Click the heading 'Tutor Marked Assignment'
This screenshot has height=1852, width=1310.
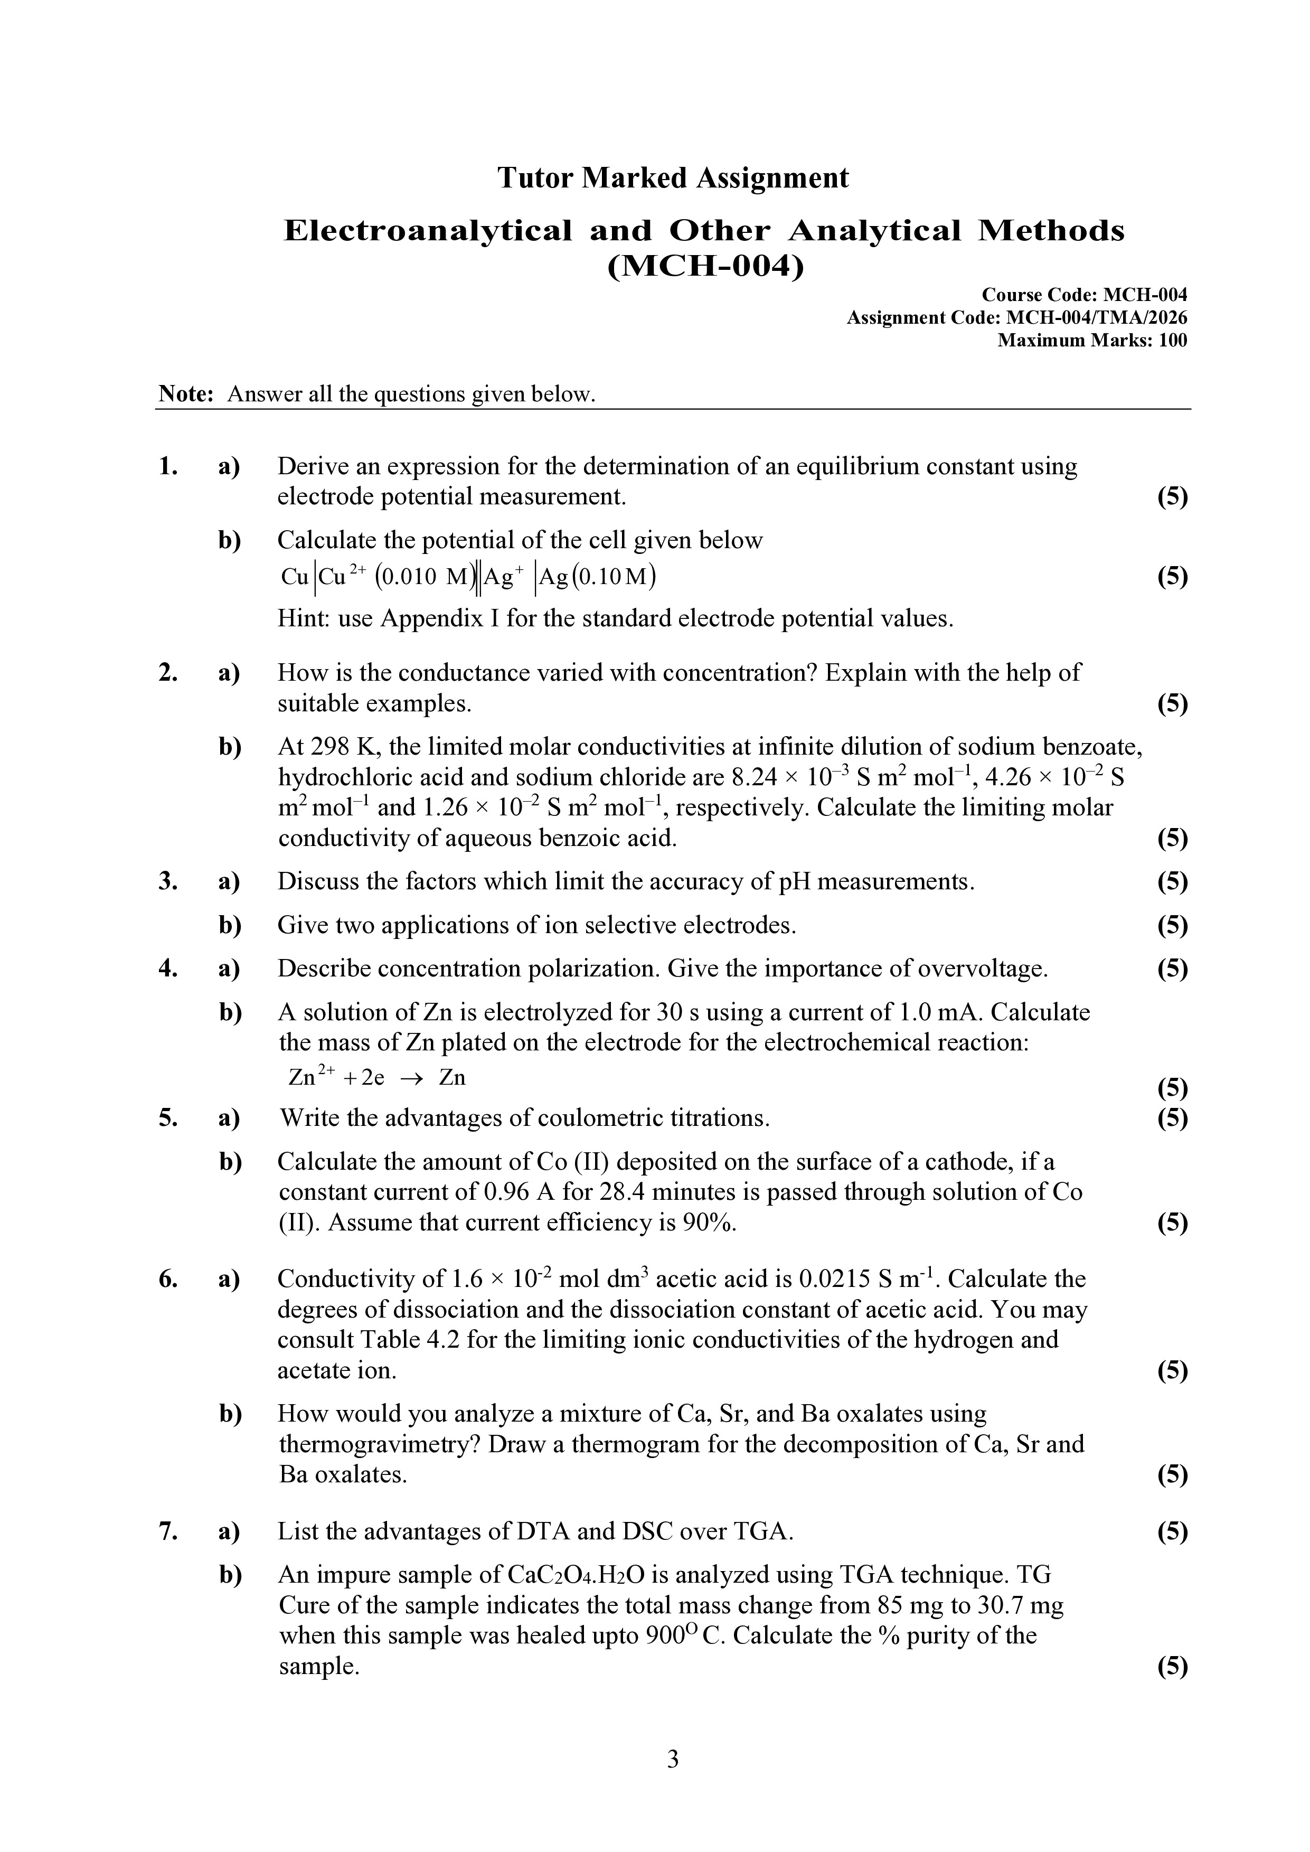(673, 177)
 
